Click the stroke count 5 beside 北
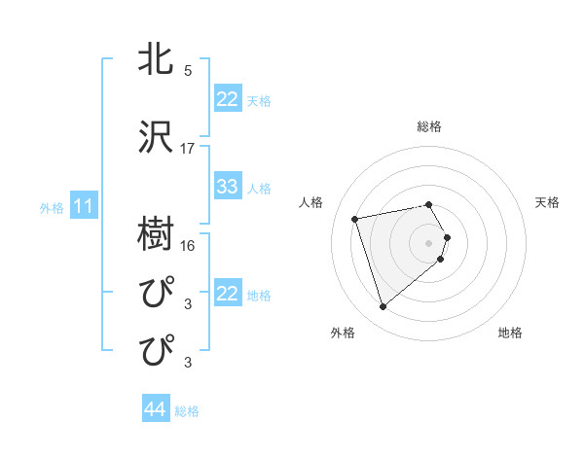click(188, 70)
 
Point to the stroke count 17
click(188, 149)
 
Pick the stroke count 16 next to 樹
click(188, 245)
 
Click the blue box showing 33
click(228, 187)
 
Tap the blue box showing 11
click(84, 206)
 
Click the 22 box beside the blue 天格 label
click(228, 99)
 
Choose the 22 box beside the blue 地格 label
click(228, 294)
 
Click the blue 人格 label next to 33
click(259, 188)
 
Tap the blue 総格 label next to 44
click(187, 411)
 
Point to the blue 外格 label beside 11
click(51, 207)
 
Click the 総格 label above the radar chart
click(429, 126)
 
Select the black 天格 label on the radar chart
click(548, 202)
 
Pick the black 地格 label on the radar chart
click(510, 333)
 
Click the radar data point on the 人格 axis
click(355, 218)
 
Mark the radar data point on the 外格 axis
click(383, 307)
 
